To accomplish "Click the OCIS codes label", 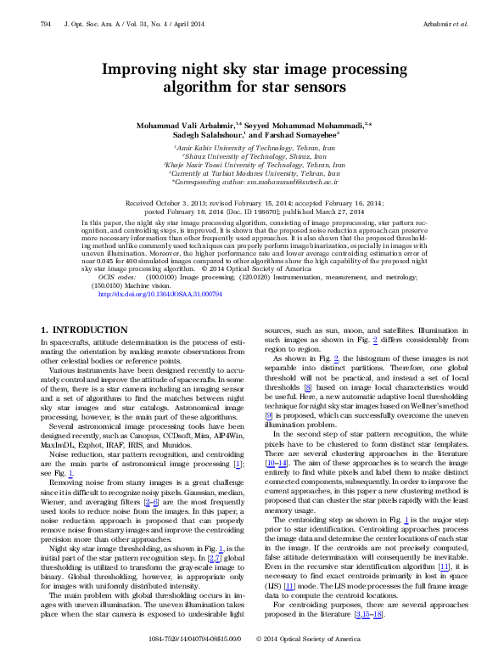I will [x=116, y=278].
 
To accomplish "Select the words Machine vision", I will [x=154, y=286].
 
